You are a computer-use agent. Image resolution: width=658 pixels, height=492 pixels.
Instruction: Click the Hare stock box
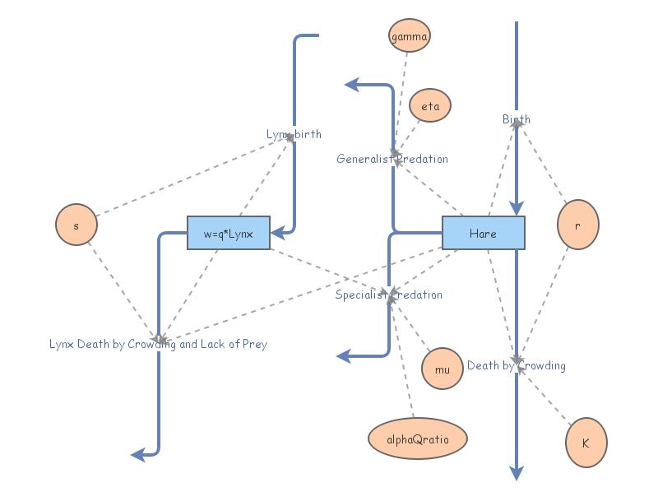pyautogui.click(x=484, y=233)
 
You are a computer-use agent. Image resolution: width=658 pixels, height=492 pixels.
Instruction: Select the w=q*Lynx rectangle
pyautogui.click(x=229, y=233)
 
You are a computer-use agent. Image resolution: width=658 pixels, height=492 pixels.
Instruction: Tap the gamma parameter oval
pyautogui.click(x=409, y=36)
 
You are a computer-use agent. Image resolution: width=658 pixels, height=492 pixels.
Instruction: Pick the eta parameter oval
pyautogui.click(x=430, y=107)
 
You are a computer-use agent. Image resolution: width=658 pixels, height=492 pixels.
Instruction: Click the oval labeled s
pyautogui.click(x=76, y=224)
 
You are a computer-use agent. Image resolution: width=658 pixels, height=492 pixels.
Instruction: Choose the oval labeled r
pyautogui.click(x=577, y=224)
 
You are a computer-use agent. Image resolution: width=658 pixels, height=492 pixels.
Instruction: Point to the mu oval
pyautogui.click(x=443, y=369)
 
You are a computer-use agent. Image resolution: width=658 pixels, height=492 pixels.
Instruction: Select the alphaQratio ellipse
pyautogui.click(x=417, y=439)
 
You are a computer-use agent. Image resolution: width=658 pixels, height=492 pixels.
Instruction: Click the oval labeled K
pyautogui.click(x=586, y=442)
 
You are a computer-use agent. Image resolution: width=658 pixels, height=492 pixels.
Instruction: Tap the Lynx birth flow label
pyautogui.click(x=294, y=134)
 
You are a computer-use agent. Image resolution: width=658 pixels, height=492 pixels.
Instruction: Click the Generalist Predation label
pyautogui.click(x=392, y=159)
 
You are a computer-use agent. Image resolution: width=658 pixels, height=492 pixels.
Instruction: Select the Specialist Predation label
pyautogui.click(x=388, y=295)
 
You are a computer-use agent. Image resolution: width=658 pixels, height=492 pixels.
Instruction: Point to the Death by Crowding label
pyautogui.click(x=516, y=365)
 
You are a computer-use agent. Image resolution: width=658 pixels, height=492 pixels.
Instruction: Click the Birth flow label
pyautogui.click(x=517, y=119)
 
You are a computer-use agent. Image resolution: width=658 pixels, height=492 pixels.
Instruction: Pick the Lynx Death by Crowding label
pyautogui.click(x=158, y=344)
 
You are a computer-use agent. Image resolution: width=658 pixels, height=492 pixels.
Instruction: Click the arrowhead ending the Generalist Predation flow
pyautogui.click(x=351, y=84)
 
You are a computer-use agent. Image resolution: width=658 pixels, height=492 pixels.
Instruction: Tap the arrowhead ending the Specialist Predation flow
pyautogui.click(x=344, y=356)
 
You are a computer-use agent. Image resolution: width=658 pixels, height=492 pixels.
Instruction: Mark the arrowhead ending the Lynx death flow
pyautogui.click(x=138, y=454)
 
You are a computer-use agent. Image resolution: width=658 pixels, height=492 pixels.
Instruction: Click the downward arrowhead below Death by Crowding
pyautogui.click(x=516, y=472)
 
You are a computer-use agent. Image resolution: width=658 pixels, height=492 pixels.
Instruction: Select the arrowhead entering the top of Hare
pyautogui.click(x=516, y=209)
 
